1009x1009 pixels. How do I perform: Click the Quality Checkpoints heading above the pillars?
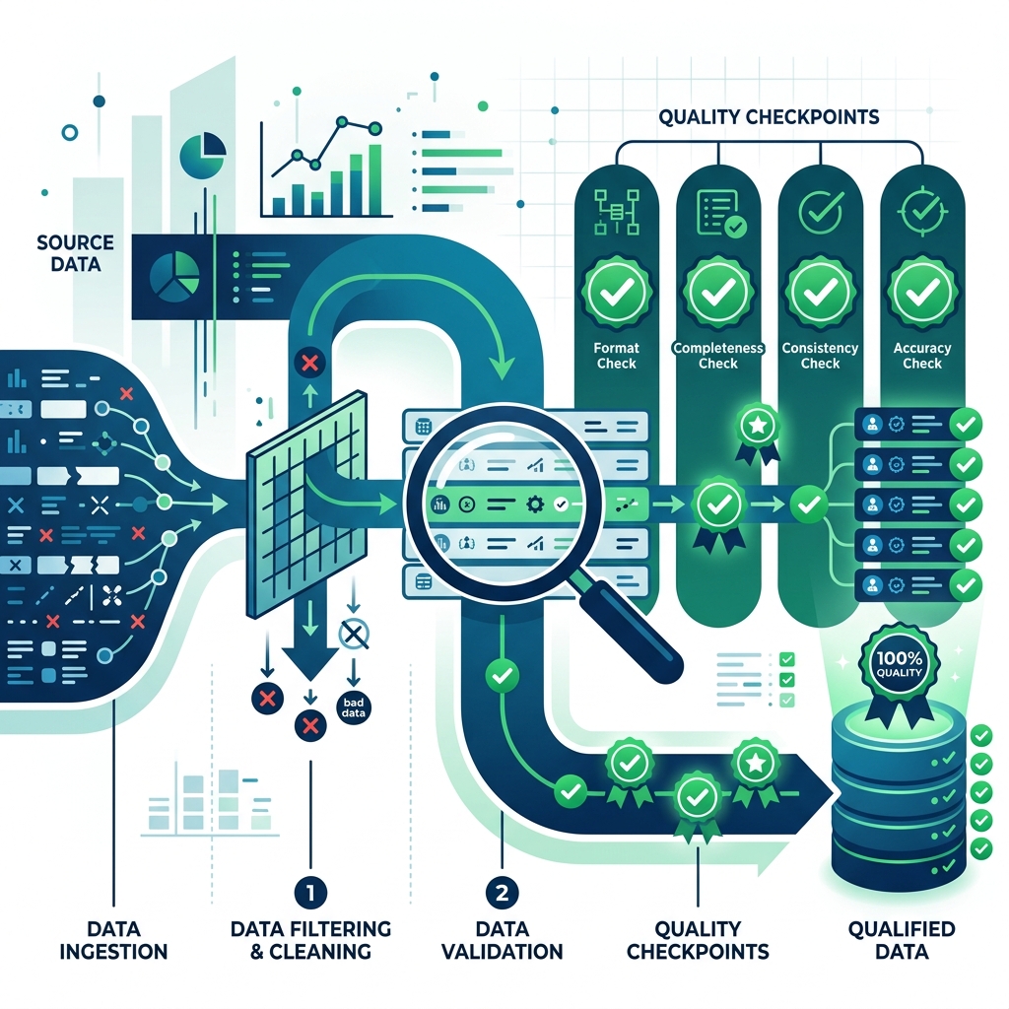(x=769, y=117)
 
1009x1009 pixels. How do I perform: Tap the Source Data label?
(x=75, y=253)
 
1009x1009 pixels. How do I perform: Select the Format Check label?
(x=617, y=356)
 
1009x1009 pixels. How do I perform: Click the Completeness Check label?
(x=718, y=356)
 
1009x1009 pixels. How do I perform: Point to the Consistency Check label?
(x=820, y=356)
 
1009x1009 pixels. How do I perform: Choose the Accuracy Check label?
(x=922, y=356)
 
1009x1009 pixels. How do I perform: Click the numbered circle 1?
(x=310, y=893)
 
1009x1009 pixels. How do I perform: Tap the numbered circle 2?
(x=502, y=893)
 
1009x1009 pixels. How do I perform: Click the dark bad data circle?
(x=354, y=707)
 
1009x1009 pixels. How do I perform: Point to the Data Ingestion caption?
(x=113, y=940)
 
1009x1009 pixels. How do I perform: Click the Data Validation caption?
(x=502, y=940)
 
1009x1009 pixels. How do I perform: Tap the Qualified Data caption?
(x=902, y=940)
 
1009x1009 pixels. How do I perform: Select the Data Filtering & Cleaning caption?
(x=310, y=940)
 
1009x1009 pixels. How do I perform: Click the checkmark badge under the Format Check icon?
(x=617, y=293)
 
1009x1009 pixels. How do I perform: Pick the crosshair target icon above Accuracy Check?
(x=922, y=210)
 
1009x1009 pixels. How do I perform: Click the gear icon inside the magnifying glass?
(x=534, y=504)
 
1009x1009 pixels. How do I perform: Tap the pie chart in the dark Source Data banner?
(x=174, y=277)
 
